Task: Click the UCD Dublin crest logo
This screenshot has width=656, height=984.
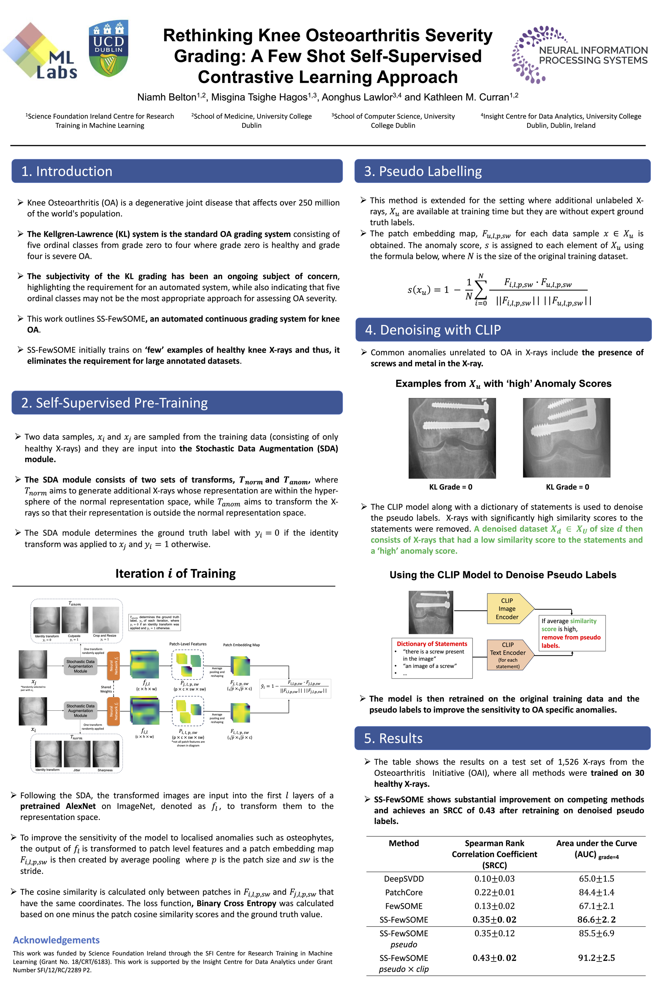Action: pos(108,49)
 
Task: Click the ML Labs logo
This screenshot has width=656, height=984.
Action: pos(41,52)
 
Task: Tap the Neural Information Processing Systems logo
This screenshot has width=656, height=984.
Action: pos(579,54)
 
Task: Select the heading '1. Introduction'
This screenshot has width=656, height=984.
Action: pos(67,171)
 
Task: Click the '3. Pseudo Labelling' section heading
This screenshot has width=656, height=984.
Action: pos(423,171)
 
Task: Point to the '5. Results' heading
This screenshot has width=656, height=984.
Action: pos(393,738)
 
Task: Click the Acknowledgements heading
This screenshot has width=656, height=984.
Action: pos(56,940)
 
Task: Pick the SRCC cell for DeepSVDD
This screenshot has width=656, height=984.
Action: pos(494,878)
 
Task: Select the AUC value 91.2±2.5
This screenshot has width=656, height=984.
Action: pos(596,958)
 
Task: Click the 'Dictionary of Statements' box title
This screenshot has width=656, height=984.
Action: pos(432,644)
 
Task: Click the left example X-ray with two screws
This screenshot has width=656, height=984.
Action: pos(452,438)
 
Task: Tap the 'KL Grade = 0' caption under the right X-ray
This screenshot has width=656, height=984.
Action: pos(567,487)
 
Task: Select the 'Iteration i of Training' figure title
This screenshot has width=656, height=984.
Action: pos(175,574)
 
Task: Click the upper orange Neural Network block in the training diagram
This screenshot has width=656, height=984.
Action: pos(113,666)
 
